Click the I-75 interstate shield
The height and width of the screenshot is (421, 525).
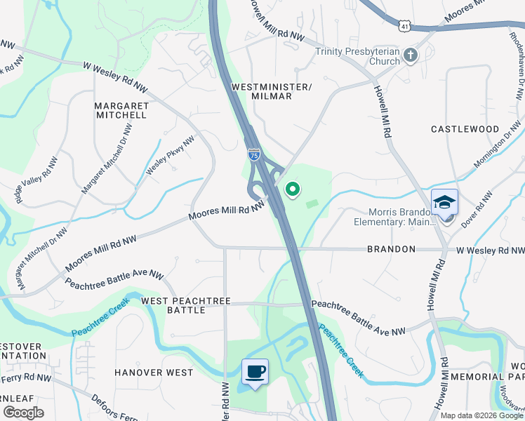pos(253,154)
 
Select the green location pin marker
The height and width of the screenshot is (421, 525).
pos(292,189)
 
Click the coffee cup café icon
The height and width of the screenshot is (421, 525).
pos(255,371)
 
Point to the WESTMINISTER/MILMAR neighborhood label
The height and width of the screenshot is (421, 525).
pos(271,91)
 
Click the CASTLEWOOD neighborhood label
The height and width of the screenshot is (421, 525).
pos(465,130)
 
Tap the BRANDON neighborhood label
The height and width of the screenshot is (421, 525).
pos(392,249)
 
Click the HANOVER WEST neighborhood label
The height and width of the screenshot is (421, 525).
pos(153,373)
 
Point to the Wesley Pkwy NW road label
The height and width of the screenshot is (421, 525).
pos(169,156)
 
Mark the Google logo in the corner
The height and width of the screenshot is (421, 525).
pos(22,413)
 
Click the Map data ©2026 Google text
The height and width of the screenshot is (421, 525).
pos(481,415)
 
